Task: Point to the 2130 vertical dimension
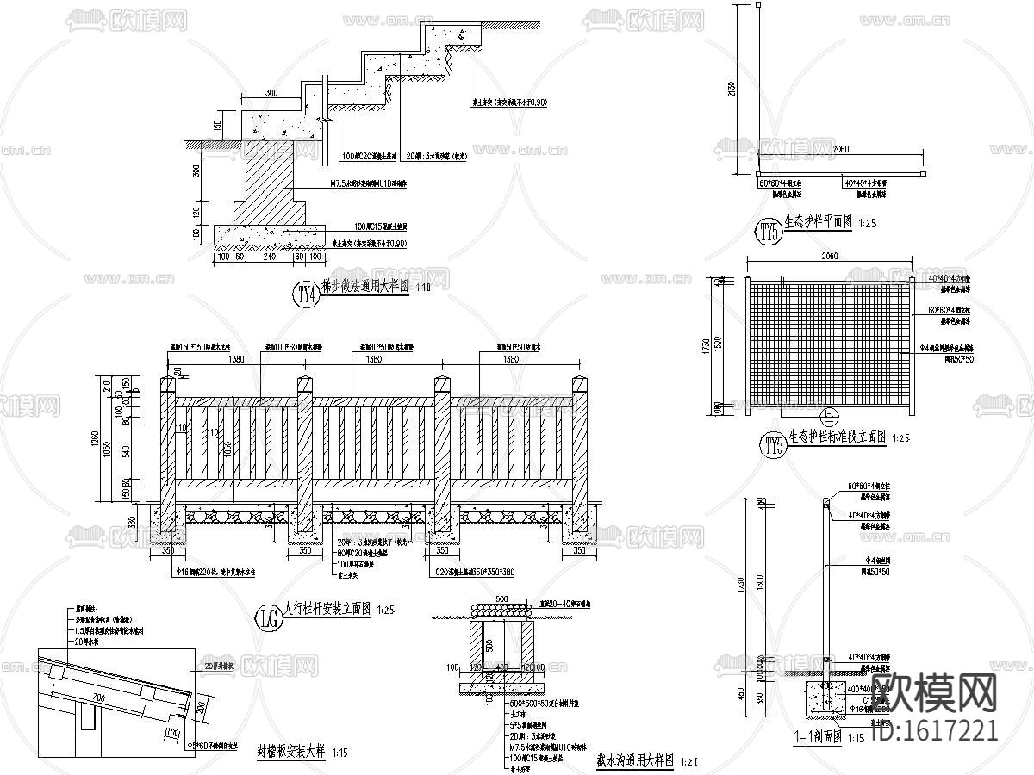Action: [x=732, y=89]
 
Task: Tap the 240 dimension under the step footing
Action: [x=270, y=257]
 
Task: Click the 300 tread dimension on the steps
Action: [x=271, y=93]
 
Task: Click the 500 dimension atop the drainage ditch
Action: [x=501, y=598]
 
